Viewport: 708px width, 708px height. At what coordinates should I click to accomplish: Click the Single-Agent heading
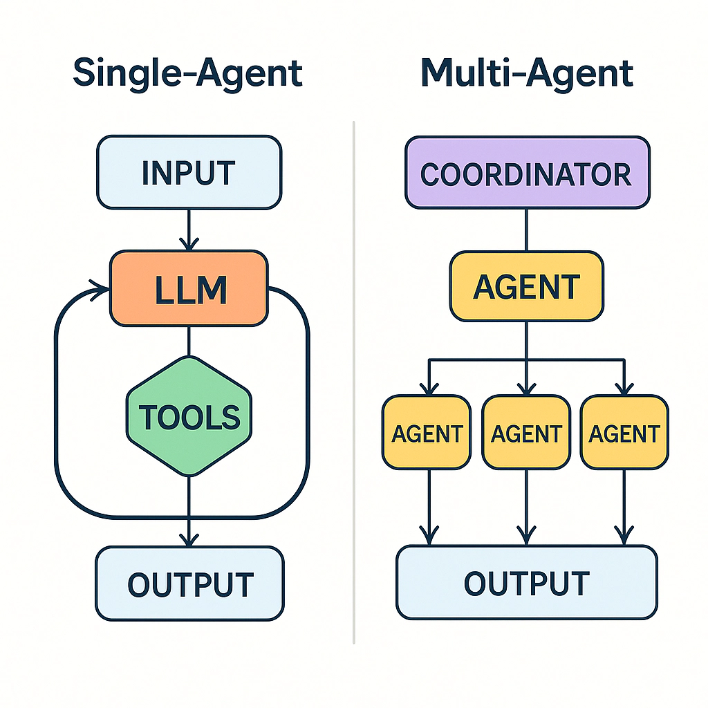pos(188,73)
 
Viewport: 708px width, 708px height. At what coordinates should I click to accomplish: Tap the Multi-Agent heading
pos(527,73)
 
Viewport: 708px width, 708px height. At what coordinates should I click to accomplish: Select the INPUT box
pos(189,172)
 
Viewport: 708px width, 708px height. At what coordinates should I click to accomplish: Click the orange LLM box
pos(189,288)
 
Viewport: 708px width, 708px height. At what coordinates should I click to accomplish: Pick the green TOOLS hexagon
pos(189,416)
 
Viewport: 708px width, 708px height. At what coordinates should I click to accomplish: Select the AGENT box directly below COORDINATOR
pos(526,286)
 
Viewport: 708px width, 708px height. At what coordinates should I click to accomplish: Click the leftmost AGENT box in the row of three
pos(427,432)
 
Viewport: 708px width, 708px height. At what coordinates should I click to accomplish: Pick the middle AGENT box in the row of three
pos(526,432)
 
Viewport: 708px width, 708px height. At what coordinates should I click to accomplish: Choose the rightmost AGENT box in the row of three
pos(624,432)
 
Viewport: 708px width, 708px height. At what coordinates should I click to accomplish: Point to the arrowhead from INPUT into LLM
pos(189,244)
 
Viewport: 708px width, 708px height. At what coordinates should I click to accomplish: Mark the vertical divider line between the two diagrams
pos(354,380)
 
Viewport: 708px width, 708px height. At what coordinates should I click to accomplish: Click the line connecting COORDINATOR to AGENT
pos(526,230)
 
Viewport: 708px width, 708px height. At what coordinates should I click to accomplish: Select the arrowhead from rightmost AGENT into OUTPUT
pos(624,535)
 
